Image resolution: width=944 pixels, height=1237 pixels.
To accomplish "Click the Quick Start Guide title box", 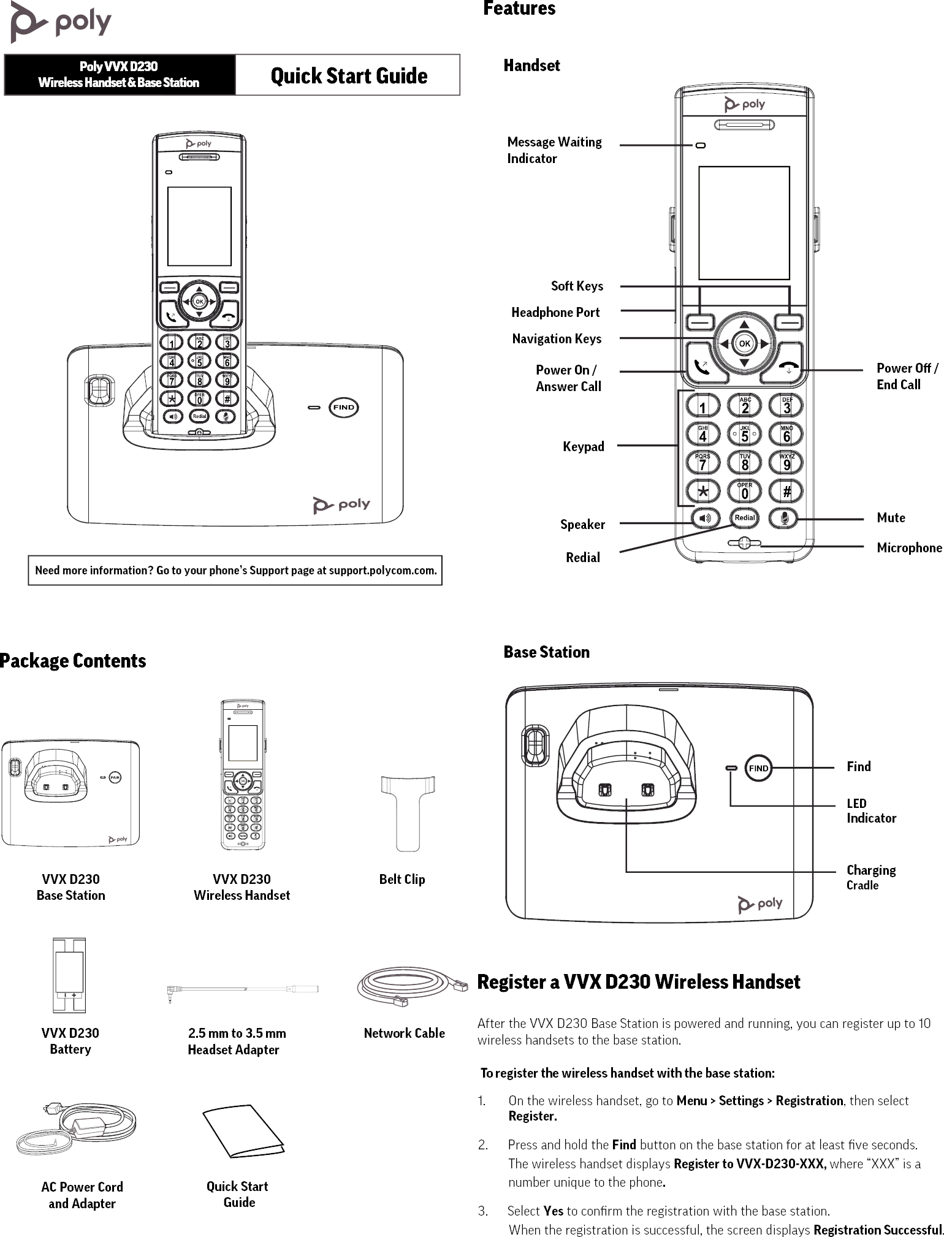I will coord(348,75).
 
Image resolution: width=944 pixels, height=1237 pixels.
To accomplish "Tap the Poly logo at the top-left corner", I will coord(61,22).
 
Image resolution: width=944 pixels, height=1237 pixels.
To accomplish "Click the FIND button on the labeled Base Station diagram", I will coord(758,768).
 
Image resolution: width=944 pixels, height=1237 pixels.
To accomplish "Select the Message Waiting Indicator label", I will coord(554,150).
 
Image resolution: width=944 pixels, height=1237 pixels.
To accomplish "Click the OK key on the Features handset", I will coord(744,344).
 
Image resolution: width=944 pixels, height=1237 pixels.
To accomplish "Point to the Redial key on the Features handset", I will coord(745,517).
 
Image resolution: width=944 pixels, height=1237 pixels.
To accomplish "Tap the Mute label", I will coord(891,517).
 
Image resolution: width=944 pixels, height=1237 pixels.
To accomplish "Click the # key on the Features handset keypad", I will coord(786,491).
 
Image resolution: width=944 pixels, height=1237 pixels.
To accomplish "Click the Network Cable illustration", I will coord(405,986).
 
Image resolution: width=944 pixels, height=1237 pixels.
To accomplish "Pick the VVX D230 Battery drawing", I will coord(69,975).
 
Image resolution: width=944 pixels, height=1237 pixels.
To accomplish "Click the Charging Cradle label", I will coord(870,877).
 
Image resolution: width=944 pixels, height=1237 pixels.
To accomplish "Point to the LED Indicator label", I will coord(870,810).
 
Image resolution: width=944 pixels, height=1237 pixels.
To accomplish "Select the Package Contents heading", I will coord(73,661).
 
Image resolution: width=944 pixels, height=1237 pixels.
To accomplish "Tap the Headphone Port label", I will coord(555,312).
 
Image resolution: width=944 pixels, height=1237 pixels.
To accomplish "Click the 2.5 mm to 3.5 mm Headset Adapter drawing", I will coord(243,989).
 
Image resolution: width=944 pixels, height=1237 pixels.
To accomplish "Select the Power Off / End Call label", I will coord(907,376).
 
